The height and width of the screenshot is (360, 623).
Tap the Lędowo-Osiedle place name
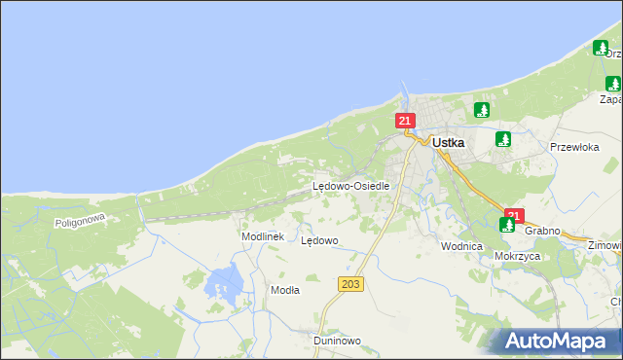tap(350, 186)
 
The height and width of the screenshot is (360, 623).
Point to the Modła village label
tap(285, 290)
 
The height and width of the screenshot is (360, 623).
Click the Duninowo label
tap(338, 342)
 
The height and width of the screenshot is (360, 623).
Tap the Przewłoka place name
tap(573, 148)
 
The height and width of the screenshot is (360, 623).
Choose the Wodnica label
tap(461, 247)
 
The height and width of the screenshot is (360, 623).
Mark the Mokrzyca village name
tap(517, 257)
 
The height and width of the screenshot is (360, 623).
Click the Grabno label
tap(542, 232)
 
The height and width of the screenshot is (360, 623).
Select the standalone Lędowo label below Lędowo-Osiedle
tap(319, 240)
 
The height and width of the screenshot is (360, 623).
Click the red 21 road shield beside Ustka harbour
tap(406, 121)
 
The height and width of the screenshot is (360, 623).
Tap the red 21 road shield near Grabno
tap(515, 215)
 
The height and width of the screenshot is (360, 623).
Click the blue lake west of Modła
tap(225, 283)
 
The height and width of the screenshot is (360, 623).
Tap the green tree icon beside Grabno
tap(507, 226)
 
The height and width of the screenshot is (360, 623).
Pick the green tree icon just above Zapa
tap(611, 83)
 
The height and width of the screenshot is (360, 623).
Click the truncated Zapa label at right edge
tap(610, 99)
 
